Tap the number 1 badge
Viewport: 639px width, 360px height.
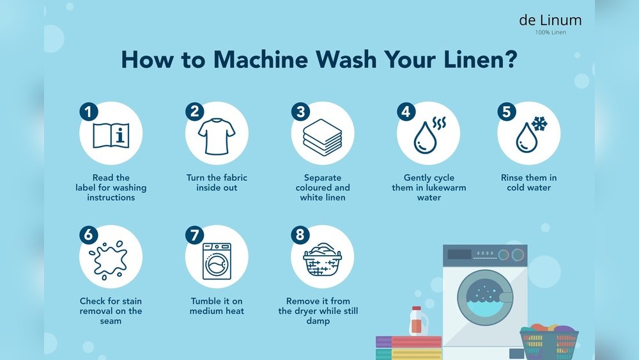(89, 111)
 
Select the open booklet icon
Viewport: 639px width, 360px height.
(111, 136)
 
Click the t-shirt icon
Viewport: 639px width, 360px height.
(217, 136)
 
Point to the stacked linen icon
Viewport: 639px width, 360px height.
(322, 137)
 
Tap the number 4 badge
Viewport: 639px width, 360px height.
(406, 111)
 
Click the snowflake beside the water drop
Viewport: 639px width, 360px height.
(539, 123)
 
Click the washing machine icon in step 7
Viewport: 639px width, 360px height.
(217, 261)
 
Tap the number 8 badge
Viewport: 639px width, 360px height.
(300, 235)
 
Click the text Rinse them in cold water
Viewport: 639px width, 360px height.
(528, 183)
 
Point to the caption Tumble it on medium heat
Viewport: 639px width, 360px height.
(217, 306)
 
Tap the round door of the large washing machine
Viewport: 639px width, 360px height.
(485, 297)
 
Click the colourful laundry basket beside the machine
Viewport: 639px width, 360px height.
(549, 341)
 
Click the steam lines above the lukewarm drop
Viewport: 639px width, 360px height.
(440, 123)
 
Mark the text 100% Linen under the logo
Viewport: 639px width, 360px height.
(550, 32)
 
